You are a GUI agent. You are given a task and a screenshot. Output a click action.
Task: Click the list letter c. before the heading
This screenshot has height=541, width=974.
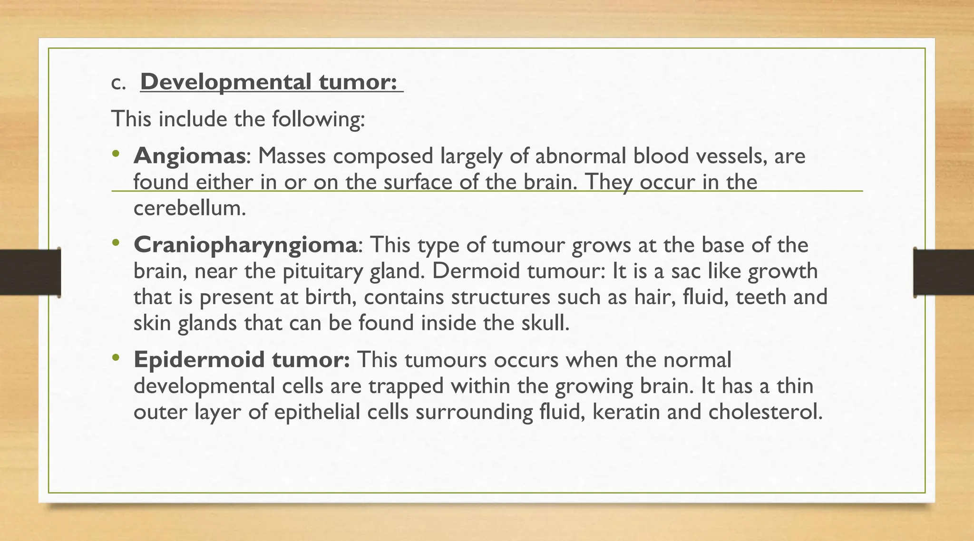pos(118,83)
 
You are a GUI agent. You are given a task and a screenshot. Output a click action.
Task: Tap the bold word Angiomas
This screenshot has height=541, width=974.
pos(189,156)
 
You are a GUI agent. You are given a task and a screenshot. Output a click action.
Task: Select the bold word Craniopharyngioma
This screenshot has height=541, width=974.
pos(245,245)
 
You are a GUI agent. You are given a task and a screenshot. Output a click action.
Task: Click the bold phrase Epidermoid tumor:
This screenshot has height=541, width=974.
pos(242,360)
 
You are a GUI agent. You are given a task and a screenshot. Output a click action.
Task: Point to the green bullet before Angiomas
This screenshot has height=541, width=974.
pos(115,154)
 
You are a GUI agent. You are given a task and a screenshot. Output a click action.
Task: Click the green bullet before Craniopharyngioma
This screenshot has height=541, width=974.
pos(115,243)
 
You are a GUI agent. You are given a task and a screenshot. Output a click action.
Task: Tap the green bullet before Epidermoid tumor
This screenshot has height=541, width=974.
pos(115,357)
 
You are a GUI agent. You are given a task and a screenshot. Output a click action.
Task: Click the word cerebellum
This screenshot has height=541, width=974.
pos(189,208)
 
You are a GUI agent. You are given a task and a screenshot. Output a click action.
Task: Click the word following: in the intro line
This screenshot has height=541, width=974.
pos(318,119)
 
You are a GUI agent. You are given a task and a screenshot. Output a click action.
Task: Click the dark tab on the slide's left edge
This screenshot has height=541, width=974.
pos(30,272)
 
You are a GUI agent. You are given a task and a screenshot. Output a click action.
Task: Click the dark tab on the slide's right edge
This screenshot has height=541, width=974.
pos(944,272)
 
